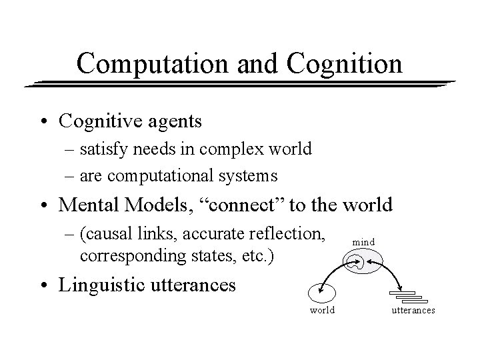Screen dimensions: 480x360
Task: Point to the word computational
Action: pyautogui.click(x=185, y=177)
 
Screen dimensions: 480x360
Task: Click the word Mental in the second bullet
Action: pyautogui.click(x=89, y=205)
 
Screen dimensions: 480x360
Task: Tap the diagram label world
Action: pyautogui.click(x=323, y=310)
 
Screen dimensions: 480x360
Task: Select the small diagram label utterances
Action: pyautogui.click(x=413, y=310)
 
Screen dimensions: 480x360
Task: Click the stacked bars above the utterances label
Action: pyautogui.click(x=407, y=296)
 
